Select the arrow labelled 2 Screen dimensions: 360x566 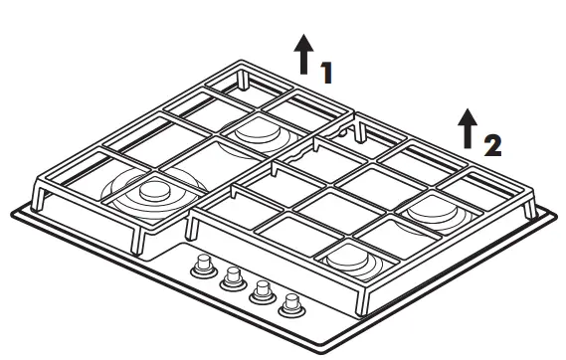click(x=466, y=125)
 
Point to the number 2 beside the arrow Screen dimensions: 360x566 click(x=490, y=145)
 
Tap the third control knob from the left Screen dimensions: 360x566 click(x=263, y=290)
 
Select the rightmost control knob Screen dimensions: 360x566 click(x=291, y=302)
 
